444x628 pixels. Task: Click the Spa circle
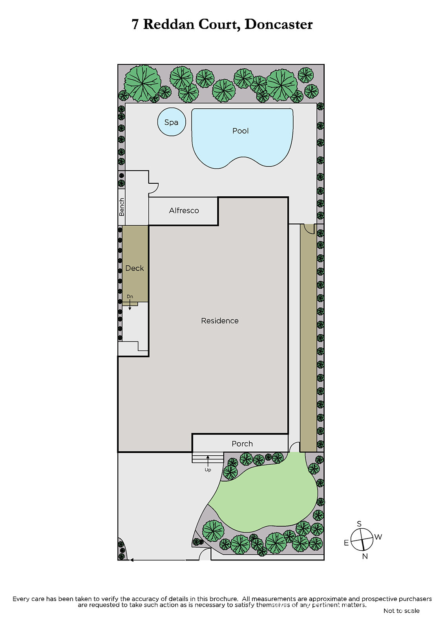pyautogui.click(x=172, y=122)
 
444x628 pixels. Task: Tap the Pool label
pyautogui.click(x=240, y=131)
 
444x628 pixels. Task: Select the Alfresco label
pyautogui.click(x=184, y=210)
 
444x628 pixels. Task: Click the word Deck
pyautogui.click(x=134, y=268)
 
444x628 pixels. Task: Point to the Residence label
pyautogui.click(x=219, y=321)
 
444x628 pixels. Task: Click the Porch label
pyautogui.click(x=242, y=444)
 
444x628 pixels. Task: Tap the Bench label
pyautogui.click(x=121, y=207)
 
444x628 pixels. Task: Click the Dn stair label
pyautogui.click(x=130, y=297)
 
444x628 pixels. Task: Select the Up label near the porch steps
pyautogui.click(x=208, y=470)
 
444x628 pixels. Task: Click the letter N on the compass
pyautogui.click(x=365, y=557)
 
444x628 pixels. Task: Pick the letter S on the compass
pyautogui.click(x=359, y=524)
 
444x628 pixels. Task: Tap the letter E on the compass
pyautogui.click(x=346, y=543)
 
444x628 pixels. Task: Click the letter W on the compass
pyautogui.click(x=378, y=537)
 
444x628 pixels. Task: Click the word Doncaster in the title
pyautogui.click(x=278, y=24)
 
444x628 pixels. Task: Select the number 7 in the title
pyautogui.click(x=135, y=25)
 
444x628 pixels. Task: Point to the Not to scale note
pyautogui.click(x=401, y=611)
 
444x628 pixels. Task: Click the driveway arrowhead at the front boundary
pyautogui.click(x=132, y=560)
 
